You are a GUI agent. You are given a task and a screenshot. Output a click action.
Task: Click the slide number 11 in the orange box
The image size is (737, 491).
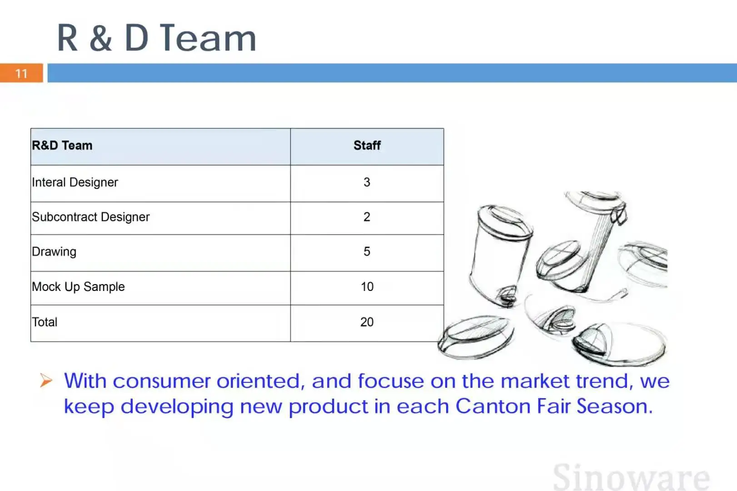pyautogui.click(x=21, y=73)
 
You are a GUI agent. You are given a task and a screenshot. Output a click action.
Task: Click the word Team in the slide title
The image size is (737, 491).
pyautogui.click(x=209, y=38)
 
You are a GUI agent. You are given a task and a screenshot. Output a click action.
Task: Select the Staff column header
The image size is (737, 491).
pyautogui.click(x=367, y=145)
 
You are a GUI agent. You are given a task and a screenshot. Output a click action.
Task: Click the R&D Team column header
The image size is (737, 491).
pyautogui.click(x=62, y=145)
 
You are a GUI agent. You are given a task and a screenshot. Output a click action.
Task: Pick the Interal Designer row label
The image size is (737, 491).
pyautogui.click(x=75, y=182)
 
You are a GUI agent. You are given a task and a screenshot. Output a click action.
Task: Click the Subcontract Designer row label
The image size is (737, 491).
pyautogui.click(x=91, y=217)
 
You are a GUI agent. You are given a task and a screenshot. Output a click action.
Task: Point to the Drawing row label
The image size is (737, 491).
pyautogui.click(x=54, y=252)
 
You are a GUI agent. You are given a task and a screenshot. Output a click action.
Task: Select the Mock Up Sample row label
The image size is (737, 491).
pyautogui.click(x=78, y=287)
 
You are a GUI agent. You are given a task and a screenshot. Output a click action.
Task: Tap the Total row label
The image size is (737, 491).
pyautogui.click(x=45, y=322)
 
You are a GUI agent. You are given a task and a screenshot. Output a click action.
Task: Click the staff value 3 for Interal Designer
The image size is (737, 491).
pyautogui.click(x=367, y=182)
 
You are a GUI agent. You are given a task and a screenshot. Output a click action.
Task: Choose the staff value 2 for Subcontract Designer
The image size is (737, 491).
pyautogui.click(x=367, y=217)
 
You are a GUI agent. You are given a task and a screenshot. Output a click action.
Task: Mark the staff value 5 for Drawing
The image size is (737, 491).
pyautogui.click(x=367, y=251)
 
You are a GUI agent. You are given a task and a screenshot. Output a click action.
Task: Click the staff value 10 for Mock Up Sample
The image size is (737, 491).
pyautogui.click(x=367, y=286)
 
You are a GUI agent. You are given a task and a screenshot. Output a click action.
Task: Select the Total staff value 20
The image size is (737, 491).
pyautogui.click(x=367, y=322)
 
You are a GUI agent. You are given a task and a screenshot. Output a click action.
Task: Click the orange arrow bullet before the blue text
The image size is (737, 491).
pyautogui.click(x=46, y=381)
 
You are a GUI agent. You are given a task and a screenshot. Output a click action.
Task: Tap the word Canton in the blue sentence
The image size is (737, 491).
pyautogui.click(x=493, y=406)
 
